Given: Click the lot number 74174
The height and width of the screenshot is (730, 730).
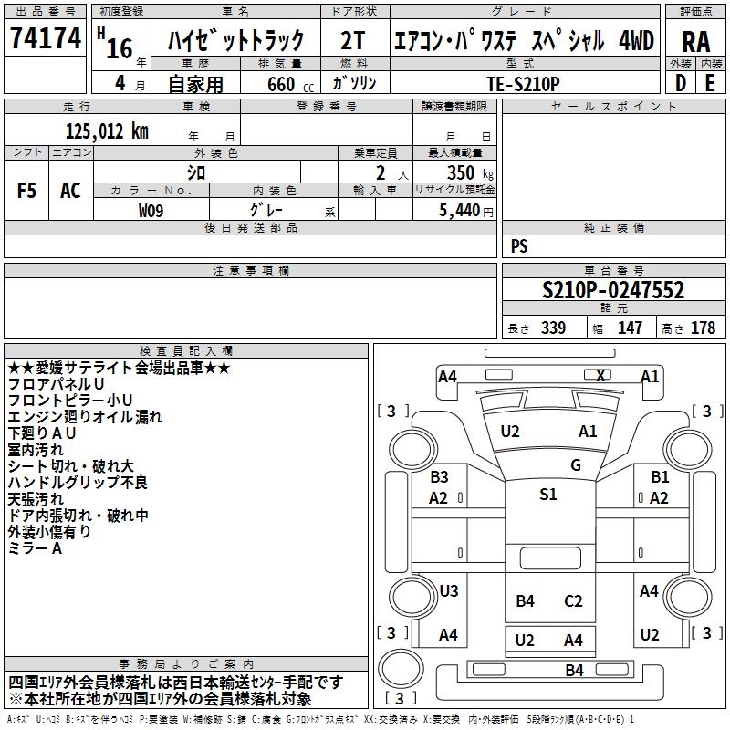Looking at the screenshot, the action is coord(46,38).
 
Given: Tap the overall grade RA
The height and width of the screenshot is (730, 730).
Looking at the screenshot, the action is coord(695,42).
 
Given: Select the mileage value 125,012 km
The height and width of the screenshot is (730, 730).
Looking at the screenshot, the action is coord(107,131).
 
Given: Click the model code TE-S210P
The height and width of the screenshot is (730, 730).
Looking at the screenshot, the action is coord(523,84).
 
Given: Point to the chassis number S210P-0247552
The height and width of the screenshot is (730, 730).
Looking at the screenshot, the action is coord(613,290).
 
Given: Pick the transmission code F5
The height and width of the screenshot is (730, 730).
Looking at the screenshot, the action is coord(26,191).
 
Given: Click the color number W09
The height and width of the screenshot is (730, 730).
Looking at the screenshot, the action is coord(151,211).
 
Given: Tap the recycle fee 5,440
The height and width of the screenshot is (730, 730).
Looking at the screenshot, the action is coord(460,211).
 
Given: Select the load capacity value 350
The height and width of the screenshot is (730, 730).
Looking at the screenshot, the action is coord(461,172).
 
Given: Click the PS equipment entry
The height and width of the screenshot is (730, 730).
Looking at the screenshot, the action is coord(519,246).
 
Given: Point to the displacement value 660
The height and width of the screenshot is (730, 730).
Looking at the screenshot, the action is coord(281,84).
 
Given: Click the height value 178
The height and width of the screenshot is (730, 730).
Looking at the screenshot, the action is coord(703,328).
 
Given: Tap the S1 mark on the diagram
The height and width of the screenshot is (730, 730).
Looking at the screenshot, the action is coord(548,494).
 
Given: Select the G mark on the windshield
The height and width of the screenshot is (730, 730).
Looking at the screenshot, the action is coord(576,464).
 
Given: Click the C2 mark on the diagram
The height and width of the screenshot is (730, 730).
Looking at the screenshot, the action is coord(573,601).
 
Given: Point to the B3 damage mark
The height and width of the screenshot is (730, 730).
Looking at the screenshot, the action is coord(439,476).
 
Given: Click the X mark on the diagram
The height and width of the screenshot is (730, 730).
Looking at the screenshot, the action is coord(600,375).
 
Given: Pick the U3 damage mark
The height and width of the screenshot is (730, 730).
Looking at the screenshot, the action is coord(449,590).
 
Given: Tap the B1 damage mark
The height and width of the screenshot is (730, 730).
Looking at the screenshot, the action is coord(660,476).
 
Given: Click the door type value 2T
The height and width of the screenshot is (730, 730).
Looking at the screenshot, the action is coord(352,40).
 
